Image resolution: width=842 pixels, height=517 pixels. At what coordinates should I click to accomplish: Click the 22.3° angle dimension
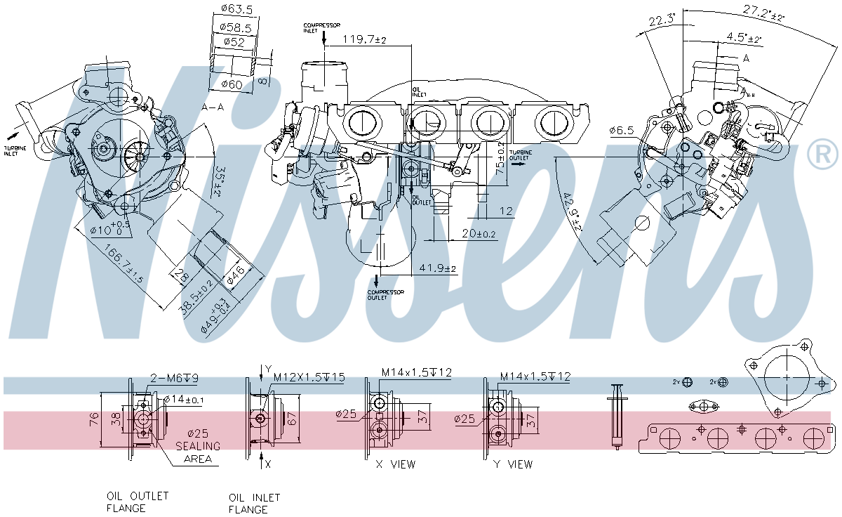pos(660,22)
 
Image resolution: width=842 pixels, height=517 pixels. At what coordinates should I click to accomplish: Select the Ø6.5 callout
pos(622,131)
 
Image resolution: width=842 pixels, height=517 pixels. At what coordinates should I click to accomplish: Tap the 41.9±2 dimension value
pos(438,268)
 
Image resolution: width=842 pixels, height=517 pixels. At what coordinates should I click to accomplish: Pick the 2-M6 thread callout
pos(175,378)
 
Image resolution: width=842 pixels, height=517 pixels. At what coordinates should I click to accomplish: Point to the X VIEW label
pos(396,464)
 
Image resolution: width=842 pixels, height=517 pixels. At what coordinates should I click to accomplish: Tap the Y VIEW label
pos(514,464)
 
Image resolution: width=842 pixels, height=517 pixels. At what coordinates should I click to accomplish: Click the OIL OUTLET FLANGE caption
pos(138,502)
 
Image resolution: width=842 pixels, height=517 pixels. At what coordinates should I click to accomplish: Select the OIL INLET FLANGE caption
pos(254,503)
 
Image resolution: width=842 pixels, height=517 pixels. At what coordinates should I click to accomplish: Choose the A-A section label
pos(213,107)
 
